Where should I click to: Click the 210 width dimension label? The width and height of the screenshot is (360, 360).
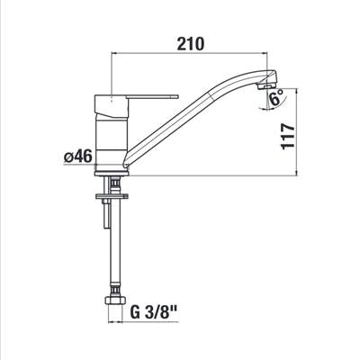coord(191,44)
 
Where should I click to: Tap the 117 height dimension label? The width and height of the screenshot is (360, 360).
coord(289,136)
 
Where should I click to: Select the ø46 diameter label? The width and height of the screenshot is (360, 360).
coord(77,157)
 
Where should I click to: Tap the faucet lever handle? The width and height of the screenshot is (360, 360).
coord(153,96)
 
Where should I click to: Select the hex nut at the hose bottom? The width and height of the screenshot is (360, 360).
coord(114,301)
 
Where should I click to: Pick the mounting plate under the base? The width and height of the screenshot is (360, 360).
coord(112,196)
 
